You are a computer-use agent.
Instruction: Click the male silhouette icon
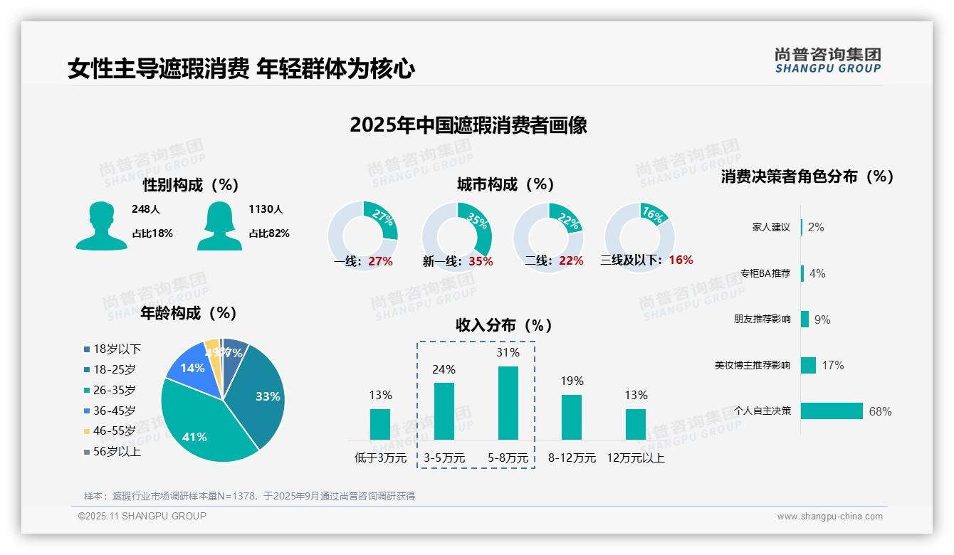101,226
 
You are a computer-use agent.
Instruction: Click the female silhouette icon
219,226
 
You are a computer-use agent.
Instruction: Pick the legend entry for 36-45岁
114,411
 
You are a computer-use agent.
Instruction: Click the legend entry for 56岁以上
117,452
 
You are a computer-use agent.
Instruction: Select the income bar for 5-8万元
508,403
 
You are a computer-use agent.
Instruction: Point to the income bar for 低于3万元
380,424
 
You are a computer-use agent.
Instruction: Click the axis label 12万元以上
635,458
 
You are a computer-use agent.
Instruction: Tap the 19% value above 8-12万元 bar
572,381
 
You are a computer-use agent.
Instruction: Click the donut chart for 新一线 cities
456,236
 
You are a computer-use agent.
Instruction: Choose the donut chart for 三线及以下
639,236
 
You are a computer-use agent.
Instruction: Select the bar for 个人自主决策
832,411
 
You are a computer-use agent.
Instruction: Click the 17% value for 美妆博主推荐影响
832,365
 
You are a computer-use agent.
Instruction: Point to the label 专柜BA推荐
765,273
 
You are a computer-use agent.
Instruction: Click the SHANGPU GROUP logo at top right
828,60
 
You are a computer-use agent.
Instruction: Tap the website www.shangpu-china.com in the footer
829,517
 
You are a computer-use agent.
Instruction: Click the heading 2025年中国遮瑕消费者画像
468,125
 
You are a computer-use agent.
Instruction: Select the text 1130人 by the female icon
266,209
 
